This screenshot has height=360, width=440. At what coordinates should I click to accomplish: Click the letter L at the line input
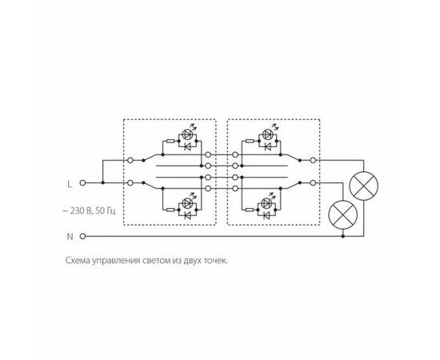[x=70, y=184]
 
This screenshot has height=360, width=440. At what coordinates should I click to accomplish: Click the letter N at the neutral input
[x=70, y=237]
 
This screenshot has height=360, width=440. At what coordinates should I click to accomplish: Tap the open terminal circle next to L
[x=82, y=182]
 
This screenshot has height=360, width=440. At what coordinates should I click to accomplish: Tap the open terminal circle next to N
[x=82, y=236]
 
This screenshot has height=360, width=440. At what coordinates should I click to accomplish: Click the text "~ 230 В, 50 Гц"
[x=89, y=210]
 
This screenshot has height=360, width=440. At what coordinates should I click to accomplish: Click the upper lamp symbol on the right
[x=364, y=186]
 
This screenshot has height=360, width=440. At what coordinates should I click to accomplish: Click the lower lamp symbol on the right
[x=343, y=214]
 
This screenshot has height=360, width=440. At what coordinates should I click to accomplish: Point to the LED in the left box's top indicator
[x=187, y=134]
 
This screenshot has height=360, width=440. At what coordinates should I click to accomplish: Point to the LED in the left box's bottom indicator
[x=187, y=203]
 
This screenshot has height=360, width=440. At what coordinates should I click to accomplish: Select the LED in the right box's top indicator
[x=266, y=134]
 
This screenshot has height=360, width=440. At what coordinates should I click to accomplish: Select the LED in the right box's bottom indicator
[x=266, y=203]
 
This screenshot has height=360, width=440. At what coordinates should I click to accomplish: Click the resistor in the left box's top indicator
[x=170, y=141]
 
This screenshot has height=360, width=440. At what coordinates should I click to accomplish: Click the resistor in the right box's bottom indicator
[x=250, y=210]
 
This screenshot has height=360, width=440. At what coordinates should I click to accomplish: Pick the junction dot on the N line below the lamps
[x=343, y=236]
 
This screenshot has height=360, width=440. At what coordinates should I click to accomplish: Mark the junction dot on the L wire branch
[x=103, y=182]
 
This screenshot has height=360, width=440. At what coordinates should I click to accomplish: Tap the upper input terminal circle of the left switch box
[x=130, y=160]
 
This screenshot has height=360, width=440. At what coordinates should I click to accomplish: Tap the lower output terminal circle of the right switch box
[x=313, y=183]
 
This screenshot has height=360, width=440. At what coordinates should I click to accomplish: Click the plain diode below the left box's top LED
[x=187, y=146]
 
